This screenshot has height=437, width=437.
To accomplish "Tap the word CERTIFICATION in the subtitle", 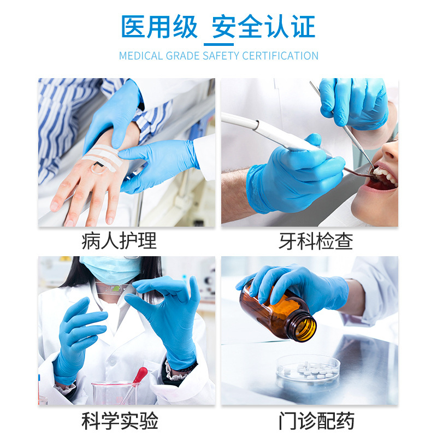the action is [x=280, y=56].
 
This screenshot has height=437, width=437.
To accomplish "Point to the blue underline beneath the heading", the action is [x=219, y=44].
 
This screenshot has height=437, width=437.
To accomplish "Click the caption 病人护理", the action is [x=119, y=241].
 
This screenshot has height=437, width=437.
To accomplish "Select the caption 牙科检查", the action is [x=316, y=241].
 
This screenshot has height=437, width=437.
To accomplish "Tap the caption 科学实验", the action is [x=120, y=421].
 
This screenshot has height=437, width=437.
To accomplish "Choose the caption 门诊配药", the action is [x=316, y=421].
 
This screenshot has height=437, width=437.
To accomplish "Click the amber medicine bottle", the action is [x=278, y=312].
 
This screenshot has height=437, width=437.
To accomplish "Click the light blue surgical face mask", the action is [x=111, y=269].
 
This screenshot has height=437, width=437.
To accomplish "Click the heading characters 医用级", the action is [x=159, y=27].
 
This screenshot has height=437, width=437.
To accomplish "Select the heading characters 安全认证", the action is [x=264, y=27].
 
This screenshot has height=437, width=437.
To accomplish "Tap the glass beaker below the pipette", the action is [x=115, y=393].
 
